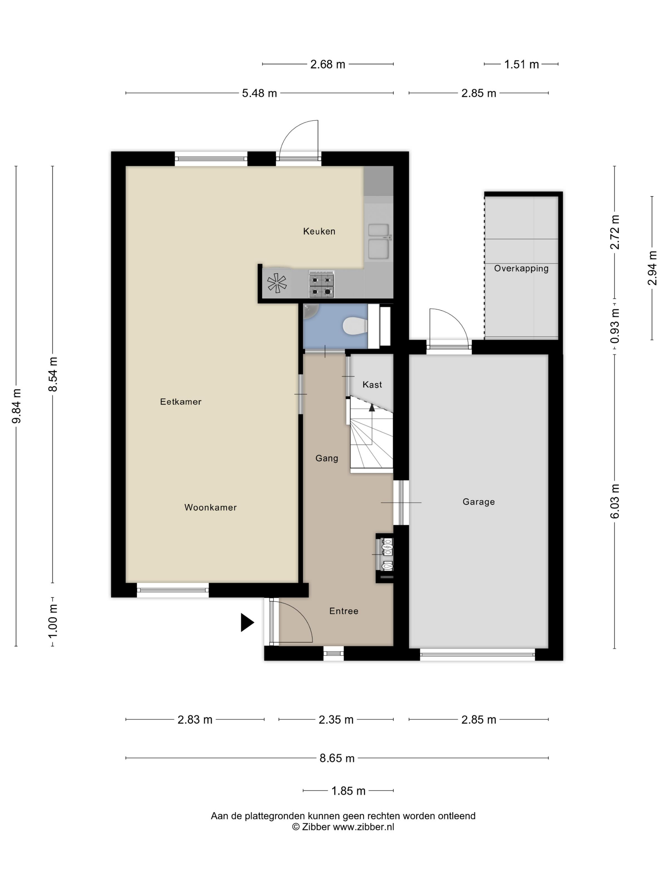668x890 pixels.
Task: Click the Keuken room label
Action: tap(319, 231)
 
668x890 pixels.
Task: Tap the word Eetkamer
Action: tap(181, 401)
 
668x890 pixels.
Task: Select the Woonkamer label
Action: tap(211, 507)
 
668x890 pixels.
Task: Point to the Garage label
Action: tap(479, 502)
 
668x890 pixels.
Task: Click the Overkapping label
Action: tap(521, 268)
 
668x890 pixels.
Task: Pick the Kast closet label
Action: tap(372, 385)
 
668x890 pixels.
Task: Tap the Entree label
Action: tap(344, 611)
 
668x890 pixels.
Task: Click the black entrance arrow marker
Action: tap(247, 622)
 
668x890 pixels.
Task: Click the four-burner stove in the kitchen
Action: tap(321, 284)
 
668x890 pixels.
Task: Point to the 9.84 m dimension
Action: tap(17, 406)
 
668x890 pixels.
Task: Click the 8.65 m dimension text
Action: tap(337, 758)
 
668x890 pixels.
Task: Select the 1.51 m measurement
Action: tap(521, 65)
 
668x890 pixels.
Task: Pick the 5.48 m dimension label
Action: tap(259, 93)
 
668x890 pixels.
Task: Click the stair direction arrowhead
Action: tap(372, 407)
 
